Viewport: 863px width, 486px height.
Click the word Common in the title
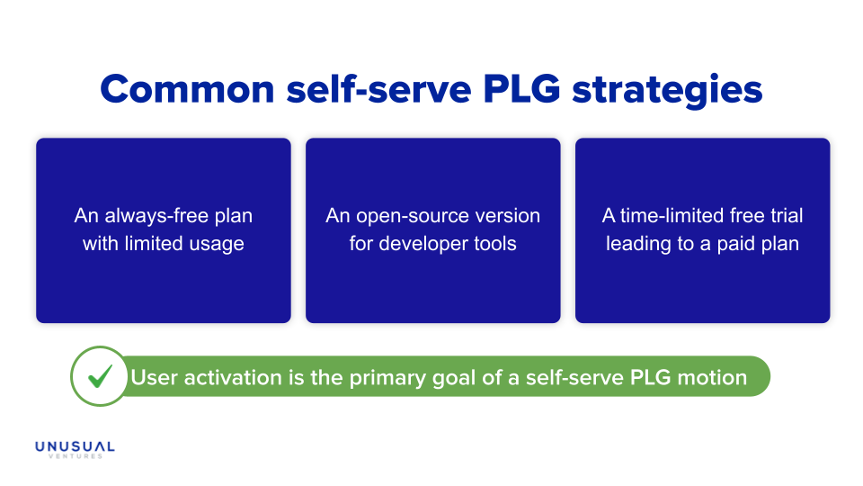point(187,89)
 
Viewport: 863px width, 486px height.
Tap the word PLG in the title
point(521,89)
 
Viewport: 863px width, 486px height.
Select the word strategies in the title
point(667,91)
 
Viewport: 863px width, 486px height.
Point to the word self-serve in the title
point(378,89)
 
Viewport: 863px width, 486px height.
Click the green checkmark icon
point(100,376)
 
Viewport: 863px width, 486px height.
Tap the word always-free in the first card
point(156,216)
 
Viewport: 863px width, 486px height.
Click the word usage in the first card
point(217,244)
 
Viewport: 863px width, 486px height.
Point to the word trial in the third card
point(787,215)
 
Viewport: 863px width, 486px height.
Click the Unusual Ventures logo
point(75,449)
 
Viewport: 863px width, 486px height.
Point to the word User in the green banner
point(155,377)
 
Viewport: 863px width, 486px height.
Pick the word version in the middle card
point(508,216)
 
